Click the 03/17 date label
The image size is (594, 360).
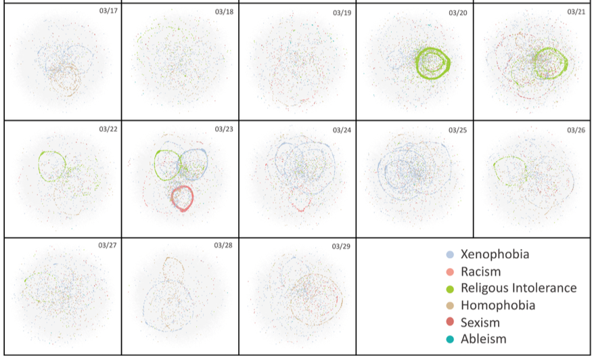108,12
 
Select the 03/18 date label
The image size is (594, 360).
224,12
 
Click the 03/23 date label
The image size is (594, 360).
224,129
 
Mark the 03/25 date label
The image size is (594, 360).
458,129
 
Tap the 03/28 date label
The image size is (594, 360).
224,244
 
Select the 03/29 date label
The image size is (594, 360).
342,246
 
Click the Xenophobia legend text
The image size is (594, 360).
495,254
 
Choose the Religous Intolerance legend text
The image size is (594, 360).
518,288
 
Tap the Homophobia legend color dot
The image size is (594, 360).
449,306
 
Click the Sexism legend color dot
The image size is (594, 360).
449,323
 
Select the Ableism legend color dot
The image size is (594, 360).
449,340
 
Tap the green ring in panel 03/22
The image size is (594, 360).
41,162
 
